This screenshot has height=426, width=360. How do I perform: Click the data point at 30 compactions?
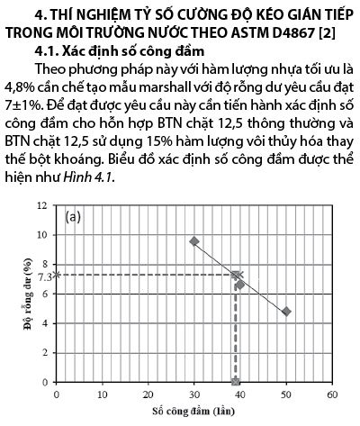click(194, 241)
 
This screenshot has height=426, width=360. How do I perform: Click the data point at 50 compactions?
click(286, 311)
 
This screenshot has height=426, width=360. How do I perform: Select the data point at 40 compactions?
click(240, 285)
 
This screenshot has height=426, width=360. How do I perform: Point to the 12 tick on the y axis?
click(44, 205)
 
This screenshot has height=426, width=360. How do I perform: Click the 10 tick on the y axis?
click(44, 235)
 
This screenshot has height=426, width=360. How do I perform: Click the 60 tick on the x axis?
click(332, 394)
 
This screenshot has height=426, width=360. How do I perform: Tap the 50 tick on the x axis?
click(286, 394)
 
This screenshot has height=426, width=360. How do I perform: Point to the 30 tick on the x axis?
click(194, 394)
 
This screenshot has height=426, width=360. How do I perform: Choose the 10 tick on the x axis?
click(102, 394)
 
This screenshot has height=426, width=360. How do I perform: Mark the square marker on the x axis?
click(236, 381)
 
